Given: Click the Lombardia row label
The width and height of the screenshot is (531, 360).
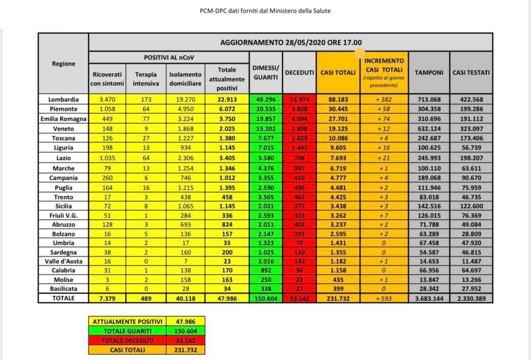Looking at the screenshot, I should click(63, 99).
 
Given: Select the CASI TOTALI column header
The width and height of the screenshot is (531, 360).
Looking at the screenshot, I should click(338, 73).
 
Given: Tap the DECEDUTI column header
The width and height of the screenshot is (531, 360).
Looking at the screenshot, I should click(299, 73).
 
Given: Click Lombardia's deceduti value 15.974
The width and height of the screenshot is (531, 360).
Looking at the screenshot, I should click(299, 99).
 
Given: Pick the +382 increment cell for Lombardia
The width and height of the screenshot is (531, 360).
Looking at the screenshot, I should click(384, 99).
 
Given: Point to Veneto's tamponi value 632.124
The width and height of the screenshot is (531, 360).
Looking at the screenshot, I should click(429, 128).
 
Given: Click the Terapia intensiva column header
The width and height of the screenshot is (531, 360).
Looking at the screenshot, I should click(146, 79).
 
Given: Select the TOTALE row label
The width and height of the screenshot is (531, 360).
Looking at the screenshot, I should click(63, 298).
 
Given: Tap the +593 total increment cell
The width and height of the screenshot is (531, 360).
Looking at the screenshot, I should click(384, 298).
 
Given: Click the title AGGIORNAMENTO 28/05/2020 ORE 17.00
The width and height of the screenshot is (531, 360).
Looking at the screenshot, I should click(291, 42).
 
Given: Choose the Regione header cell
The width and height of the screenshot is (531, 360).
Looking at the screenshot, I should click(63, 64).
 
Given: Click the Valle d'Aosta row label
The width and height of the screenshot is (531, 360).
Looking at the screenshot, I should click(63, 260).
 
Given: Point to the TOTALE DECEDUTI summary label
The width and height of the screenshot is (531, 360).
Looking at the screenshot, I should click(127, 341).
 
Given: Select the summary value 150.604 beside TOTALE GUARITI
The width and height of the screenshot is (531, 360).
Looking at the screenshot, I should click(185, 331).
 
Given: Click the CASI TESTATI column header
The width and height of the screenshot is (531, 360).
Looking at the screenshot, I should click(471, 73).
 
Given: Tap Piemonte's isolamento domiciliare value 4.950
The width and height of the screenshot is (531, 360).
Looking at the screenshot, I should click(185, 109).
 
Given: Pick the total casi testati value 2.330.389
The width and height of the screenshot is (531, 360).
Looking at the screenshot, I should click(471, 298).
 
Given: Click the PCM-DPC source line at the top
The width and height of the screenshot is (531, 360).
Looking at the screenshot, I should click(265, 11).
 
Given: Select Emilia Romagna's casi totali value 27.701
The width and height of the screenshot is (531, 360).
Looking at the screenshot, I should click(338, 119).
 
